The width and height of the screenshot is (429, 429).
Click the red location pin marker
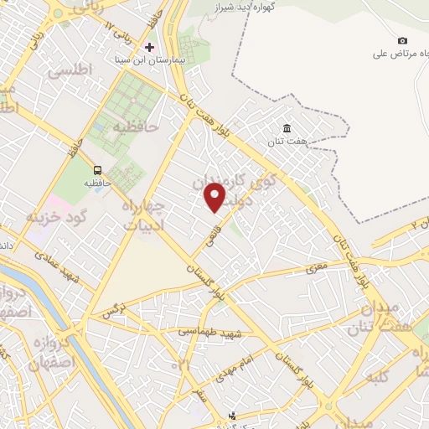point(215,196)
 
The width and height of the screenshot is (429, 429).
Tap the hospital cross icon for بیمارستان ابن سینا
point(150,47)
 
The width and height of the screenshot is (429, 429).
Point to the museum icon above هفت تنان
point(287,128)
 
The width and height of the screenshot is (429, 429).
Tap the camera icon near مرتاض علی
point(402,41)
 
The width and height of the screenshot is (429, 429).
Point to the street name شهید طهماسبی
point(209,333)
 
